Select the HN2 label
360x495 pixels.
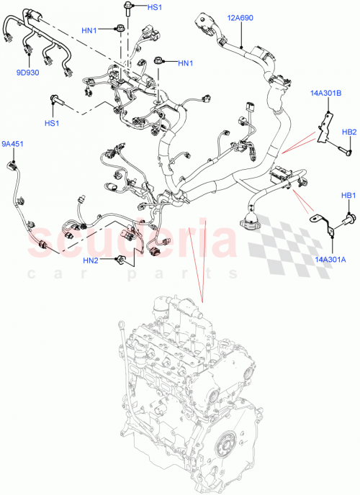(91, 260)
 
